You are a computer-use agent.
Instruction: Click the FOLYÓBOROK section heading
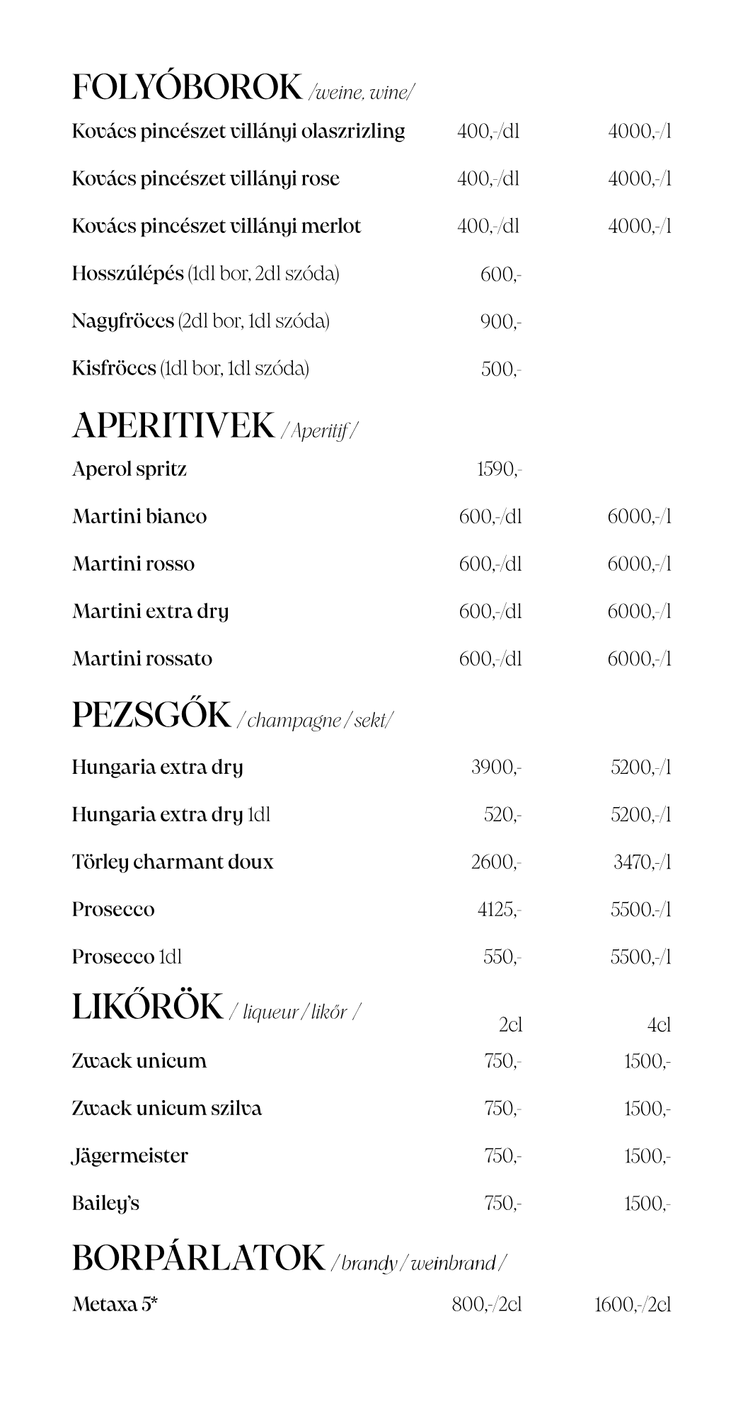pyautogui.click(x=187, y=88)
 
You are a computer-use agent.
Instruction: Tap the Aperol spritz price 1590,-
pyautogui.click(x=499, y=469)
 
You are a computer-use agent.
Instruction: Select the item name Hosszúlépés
pyautogui.click(x=128, y=274)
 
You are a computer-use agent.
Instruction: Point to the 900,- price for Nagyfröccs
pyautogui.click(x=500, y=322)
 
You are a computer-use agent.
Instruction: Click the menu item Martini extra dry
pyautogui.click(x=150, y=612)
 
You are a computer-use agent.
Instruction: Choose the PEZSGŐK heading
pyautogui.click(x=151, y=715)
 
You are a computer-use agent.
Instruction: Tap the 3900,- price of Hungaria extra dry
pyautogui.click(x=496, y=767)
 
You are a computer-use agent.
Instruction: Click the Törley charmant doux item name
pyautogui.click(x=172, y=862)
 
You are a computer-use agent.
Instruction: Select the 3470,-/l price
pyautogui.click(x=641, y=862)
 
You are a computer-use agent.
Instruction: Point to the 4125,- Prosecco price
pyautogui.click(x=499, y=910)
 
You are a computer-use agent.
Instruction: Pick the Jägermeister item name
pyautogui.click(x=130, y=1156)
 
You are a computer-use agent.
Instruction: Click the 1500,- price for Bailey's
pyautogui.click(x=647, y=1204)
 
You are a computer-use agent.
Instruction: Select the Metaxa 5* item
pyautogui.click(x=115, y=1304)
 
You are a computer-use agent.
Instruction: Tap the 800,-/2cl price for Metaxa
pyautogui.click(x=487, y=1304)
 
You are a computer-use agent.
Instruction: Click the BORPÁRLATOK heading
pyautogui.click(x=198, y=1258)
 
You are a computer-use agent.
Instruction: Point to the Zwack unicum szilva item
pyautogui.click(x=166, y=1109)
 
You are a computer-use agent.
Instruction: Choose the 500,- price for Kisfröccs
pyautogui.click(x=500, y=370)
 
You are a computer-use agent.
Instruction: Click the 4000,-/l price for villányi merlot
pyautogui.click(x=639, y=227)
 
